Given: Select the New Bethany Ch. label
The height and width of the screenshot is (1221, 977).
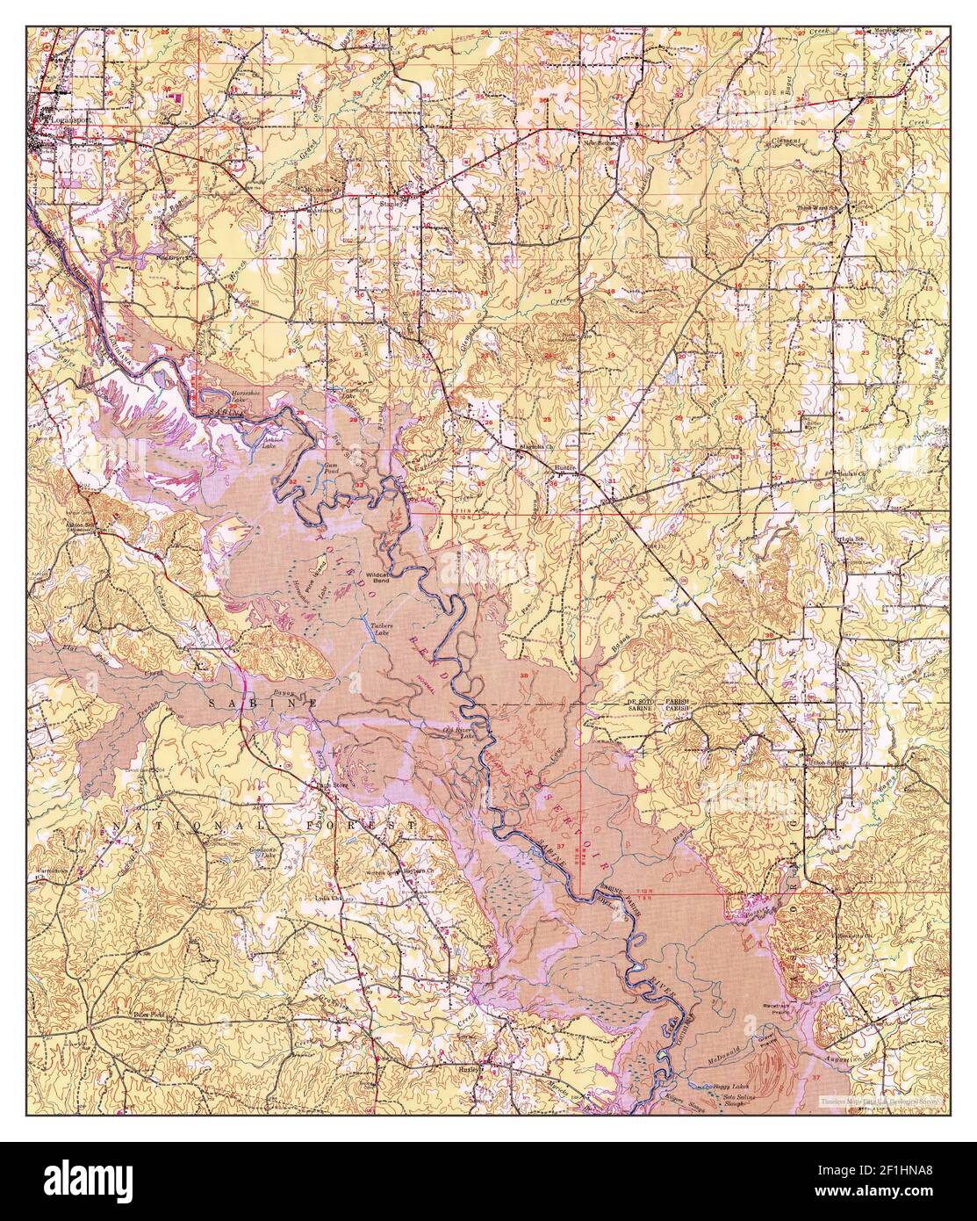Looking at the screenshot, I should (604, 141).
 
